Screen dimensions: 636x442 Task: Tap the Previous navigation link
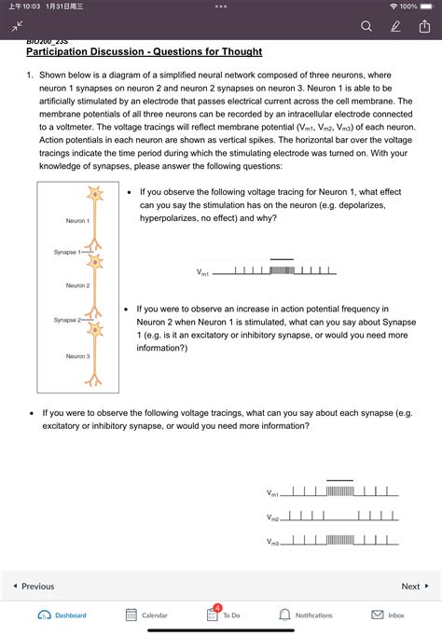[34, 587]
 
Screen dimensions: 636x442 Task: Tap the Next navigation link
[414, 587]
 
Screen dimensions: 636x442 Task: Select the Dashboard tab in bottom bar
[62, 615]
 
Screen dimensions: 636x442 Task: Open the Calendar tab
[146, 615]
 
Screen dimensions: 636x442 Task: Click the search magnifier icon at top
[366, 27]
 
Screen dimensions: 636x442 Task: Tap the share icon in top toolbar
[424, 27]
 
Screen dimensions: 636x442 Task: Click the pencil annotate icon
[395, 27]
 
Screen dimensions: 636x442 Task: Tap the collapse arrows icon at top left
[16, 28]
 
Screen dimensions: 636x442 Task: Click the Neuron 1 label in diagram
[77, 221]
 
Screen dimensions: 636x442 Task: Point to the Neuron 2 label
[77, 285]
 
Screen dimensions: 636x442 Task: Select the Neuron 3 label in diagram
[77, 356]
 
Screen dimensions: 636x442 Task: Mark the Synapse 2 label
[68, 320]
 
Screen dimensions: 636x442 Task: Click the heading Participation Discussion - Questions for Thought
[144, 51]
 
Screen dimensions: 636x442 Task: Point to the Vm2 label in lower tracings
[272, 518]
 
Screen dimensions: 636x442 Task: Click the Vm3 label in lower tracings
[272, 542]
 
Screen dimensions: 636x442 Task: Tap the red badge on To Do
[217, 607]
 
